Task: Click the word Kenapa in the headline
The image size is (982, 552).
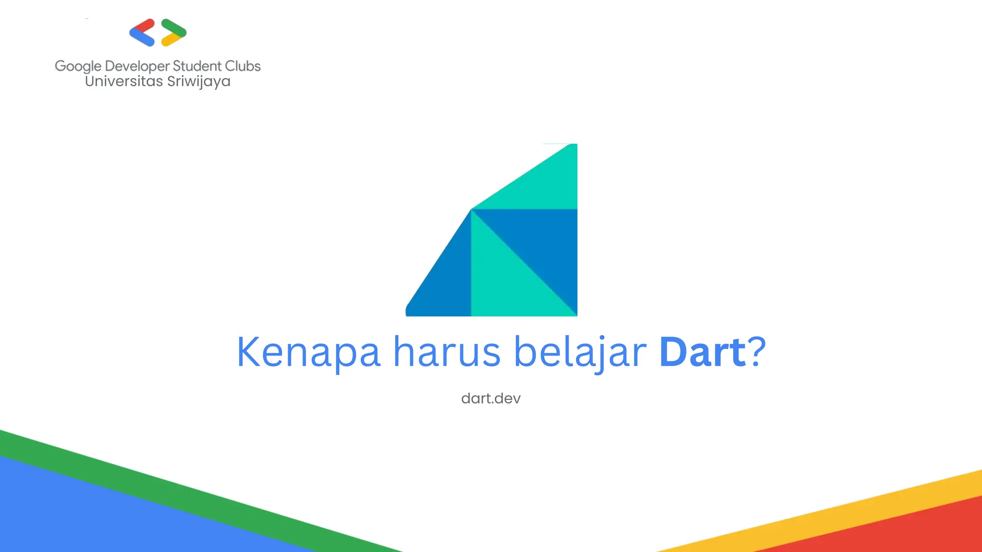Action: pos(308,352)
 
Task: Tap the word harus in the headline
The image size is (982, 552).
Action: pos(447,352)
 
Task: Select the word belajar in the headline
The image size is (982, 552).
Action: pos(580,352)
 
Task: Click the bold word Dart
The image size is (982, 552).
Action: pos(702,352)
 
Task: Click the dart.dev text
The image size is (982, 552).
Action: pos(491,399)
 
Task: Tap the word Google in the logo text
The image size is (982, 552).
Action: pos(78,66)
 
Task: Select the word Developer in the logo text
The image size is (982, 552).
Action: pos(138,66)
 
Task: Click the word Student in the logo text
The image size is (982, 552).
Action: pos(197,66)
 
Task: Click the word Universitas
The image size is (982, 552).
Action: pos(124,81)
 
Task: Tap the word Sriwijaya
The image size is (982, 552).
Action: pos(199,81)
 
